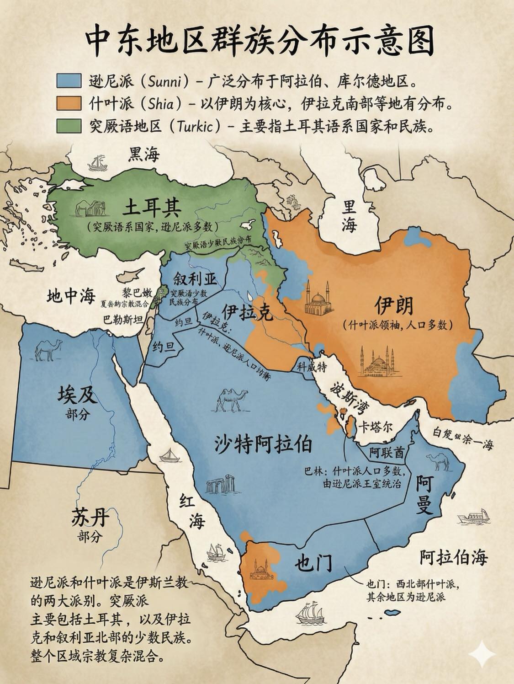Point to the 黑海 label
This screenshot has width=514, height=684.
coord(144,155)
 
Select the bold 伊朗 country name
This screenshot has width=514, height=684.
coord(394,305)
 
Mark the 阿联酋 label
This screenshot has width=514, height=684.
coord(387,453)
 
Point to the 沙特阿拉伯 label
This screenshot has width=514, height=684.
coord(264,444)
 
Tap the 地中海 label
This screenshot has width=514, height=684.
coord(70,297)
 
